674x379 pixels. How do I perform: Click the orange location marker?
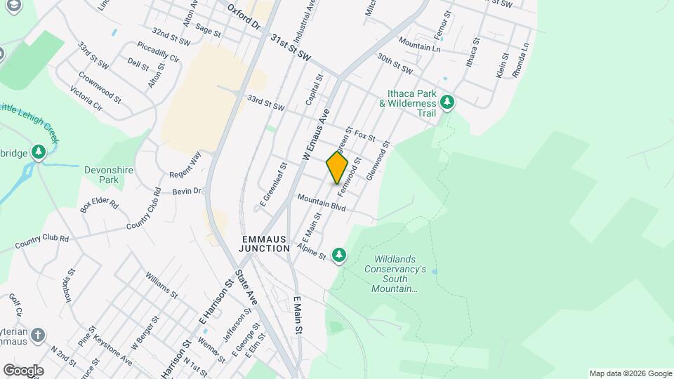[x=337, y=167]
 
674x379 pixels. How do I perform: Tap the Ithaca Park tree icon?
[x=447, y=102]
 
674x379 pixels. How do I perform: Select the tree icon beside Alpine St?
[x=339, y=254]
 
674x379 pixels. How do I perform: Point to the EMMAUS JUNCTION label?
[x=264, y=244]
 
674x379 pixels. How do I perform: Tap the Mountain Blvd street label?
[x=322, y=204]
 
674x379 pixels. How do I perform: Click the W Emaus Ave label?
[x=316, y=135]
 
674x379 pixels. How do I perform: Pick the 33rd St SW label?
[x=265, y=103]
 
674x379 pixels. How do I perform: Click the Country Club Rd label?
[x=44, y=243]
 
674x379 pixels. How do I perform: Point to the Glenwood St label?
[x=377, y=161]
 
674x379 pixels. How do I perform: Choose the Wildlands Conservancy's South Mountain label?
[x=395, y=274]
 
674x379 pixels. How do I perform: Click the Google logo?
[x=23, y=371]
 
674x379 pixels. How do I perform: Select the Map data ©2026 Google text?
[x=630, y=373]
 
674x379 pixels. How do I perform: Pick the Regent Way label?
[x=185, y=164]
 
